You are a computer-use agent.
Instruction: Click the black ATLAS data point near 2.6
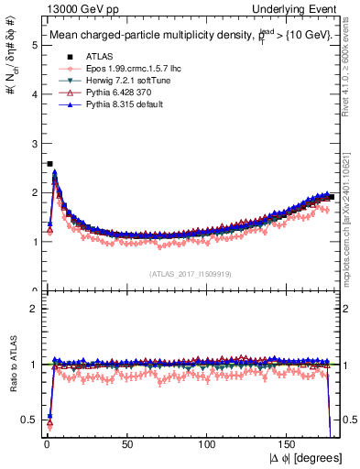(49, 164)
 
